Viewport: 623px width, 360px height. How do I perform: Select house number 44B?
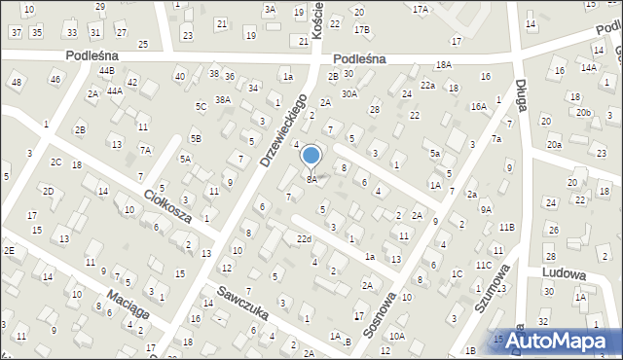106,71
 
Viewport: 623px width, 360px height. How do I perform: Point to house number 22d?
305,238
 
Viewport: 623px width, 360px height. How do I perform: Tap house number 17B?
361,30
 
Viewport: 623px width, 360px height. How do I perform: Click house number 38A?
223,99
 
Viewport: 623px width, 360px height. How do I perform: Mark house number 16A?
478,108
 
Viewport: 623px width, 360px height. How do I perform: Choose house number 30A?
349,94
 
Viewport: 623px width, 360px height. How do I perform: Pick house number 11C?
484,265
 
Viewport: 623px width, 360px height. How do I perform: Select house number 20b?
582,113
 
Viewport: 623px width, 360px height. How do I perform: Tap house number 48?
17,81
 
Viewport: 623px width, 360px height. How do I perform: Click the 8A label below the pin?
311,179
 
